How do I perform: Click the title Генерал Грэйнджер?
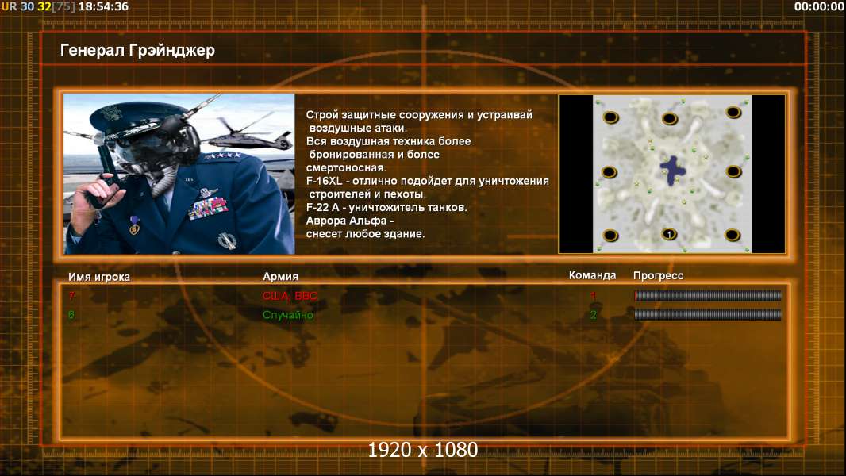(x=137, y=51)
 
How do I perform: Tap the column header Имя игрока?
(x=98, y=277)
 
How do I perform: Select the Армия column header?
(x=280, y=277)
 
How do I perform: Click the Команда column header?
(x=592, y=275)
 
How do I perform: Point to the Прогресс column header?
(x=658, y=276)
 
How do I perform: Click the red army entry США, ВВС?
(x=290, y=296)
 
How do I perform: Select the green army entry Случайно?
(x=287, y=315)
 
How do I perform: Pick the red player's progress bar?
(x=707, y=295)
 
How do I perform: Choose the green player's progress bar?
(x=707, y=314)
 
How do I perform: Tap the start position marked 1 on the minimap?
(x=669, y=234)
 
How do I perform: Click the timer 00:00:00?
(x=819, y=6)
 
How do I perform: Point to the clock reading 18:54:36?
(x=104, y=6)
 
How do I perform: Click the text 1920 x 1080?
(x=422, y=450)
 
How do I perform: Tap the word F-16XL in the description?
(x=325, y=181)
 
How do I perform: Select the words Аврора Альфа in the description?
(x=346, y=221)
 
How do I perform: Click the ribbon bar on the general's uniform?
(x=208, y=208)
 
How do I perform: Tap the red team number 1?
(x=593, y=295)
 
